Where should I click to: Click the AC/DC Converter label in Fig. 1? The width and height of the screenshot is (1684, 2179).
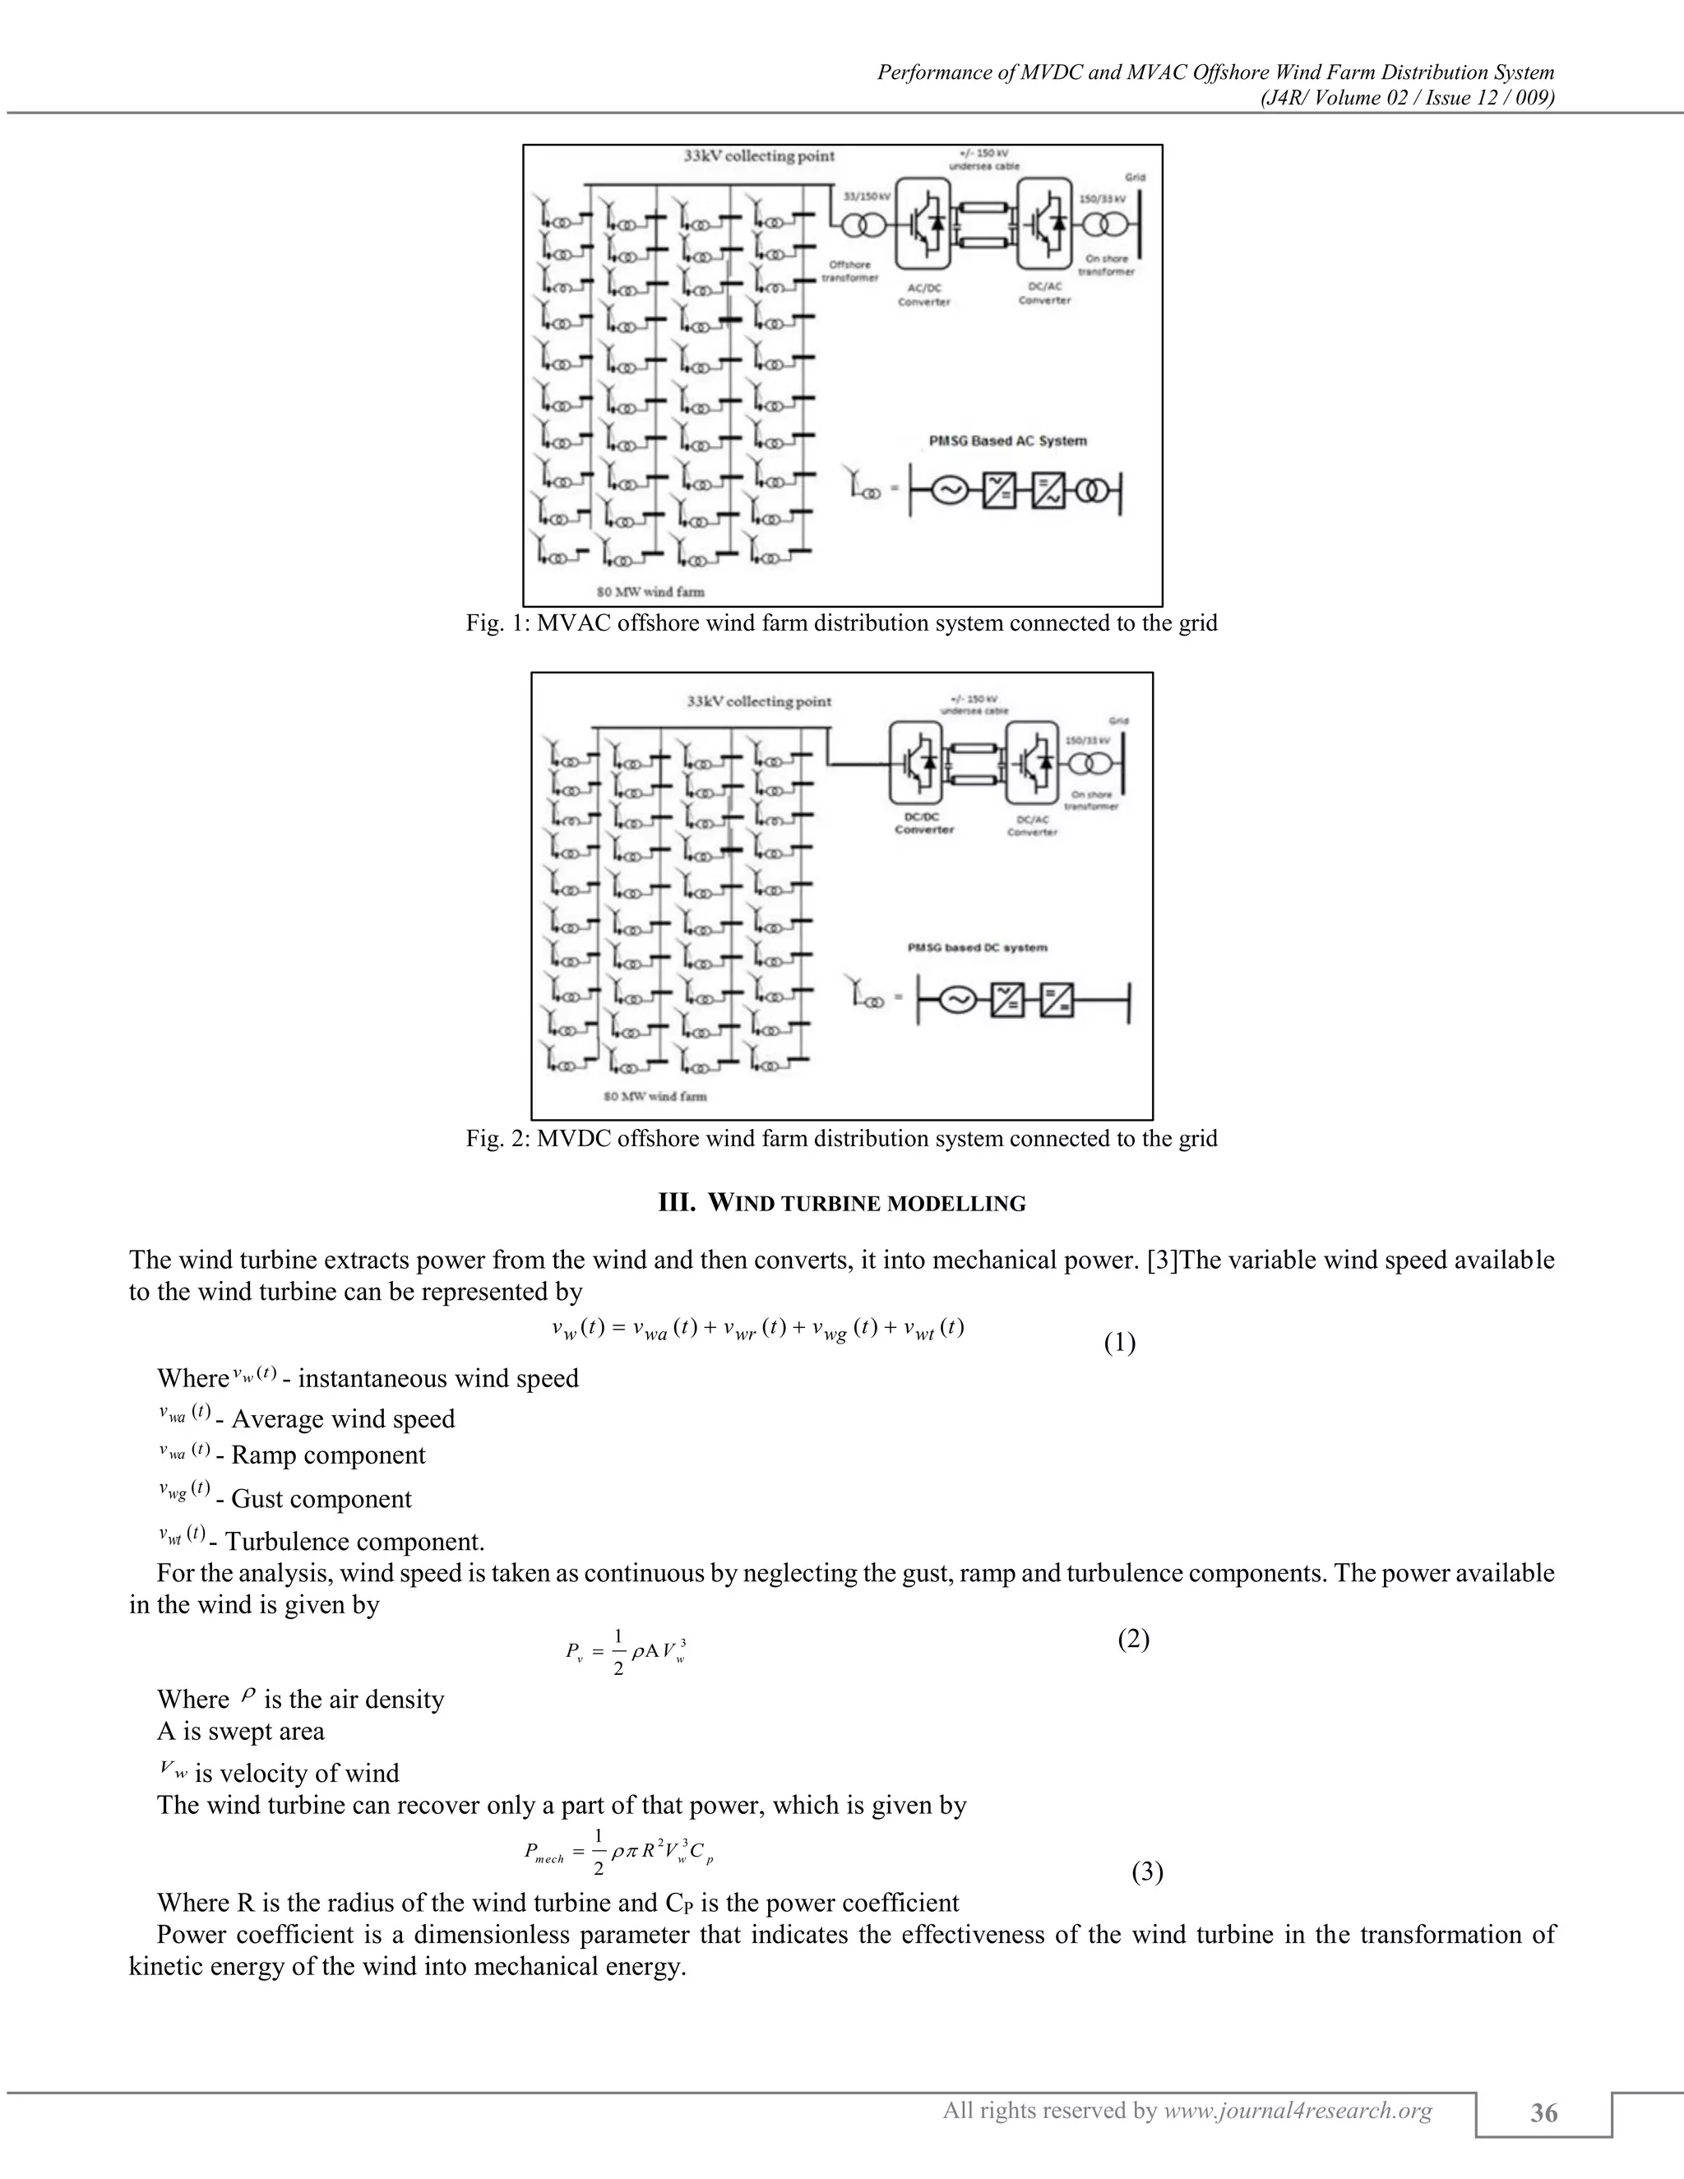point(923,294)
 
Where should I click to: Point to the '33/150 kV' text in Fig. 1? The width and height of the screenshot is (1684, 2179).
point(865,197)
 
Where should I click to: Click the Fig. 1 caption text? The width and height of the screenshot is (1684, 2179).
point(841,623)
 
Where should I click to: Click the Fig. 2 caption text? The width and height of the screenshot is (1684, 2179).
point(841,1138)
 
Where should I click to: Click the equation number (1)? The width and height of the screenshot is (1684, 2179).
point(1119,1343)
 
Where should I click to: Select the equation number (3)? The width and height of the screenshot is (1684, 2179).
point(1147,1872)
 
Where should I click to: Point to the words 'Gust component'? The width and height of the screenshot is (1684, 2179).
point(322,1500)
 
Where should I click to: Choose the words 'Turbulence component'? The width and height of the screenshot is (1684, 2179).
point(354,1542)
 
